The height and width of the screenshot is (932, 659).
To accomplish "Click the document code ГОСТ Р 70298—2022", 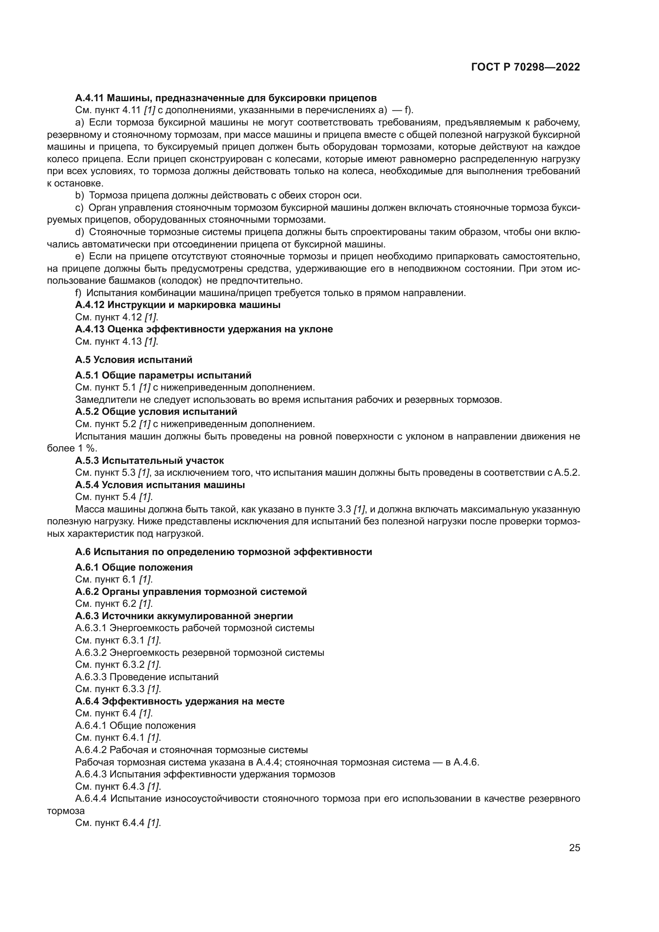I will coord(526,67).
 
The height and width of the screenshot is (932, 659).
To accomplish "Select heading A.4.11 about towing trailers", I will coord(226,98).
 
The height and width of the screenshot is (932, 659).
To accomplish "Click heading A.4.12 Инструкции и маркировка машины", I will coord(178,305).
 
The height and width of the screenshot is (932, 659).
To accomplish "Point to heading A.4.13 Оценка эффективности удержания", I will coord(204,329).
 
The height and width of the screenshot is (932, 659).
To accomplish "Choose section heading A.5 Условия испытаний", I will coord(133,360).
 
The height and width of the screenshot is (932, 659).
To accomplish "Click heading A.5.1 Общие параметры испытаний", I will coord(163,375).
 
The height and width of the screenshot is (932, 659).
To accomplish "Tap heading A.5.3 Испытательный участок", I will coord(149,461).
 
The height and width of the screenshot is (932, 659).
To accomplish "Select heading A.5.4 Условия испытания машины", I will coord(160,485).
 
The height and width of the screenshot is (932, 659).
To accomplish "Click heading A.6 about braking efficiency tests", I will coord(223,552).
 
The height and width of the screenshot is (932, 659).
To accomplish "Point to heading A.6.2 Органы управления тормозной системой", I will coord(191,592).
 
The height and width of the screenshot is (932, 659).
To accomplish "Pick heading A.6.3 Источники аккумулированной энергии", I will coord(184,616).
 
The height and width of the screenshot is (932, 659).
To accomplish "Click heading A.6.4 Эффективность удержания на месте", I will coord(180,701).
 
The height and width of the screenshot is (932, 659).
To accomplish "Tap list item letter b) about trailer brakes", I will coord(80,196).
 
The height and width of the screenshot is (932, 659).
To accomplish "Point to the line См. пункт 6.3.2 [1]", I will coord(118,665).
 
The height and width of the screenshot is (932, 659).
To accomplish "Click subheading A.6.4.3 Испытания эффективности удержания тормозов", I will coord(205,774).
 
